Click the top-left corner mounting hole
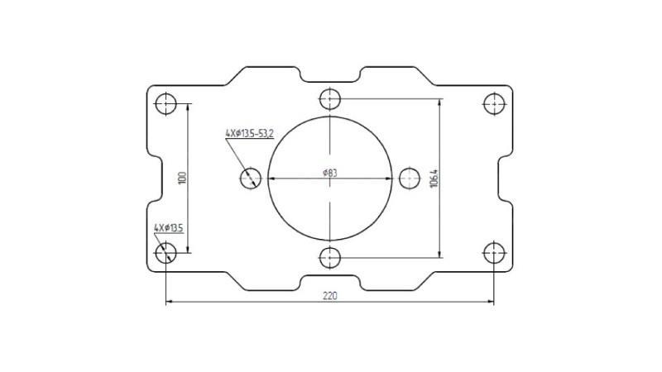click(x=166, y=104)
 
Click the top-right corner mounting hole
click(x=494, y=104)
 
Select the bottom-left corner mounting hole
click(x=166, y=251)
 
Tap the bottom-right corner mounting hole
click(x=494, y=251)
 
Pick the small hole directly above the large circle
click(x=330, y=100)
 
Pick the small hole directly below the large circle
click(x=330, y=256)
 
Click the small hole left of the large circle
click(x=252, y=178)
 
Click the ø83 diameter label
click(x=329, y=173)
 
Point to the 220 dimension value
click(x=329, y=295)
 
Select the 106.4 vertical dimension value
click(x=434, y=178)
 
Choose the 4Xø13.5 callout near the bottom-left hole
click(x=168, y=227)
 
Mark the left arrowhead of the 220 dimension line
click(x=170, y=303)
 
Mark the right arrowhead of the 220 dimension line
click(x=491, y=303)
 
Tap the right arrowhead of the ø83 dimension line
click(x=389, y=179)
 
